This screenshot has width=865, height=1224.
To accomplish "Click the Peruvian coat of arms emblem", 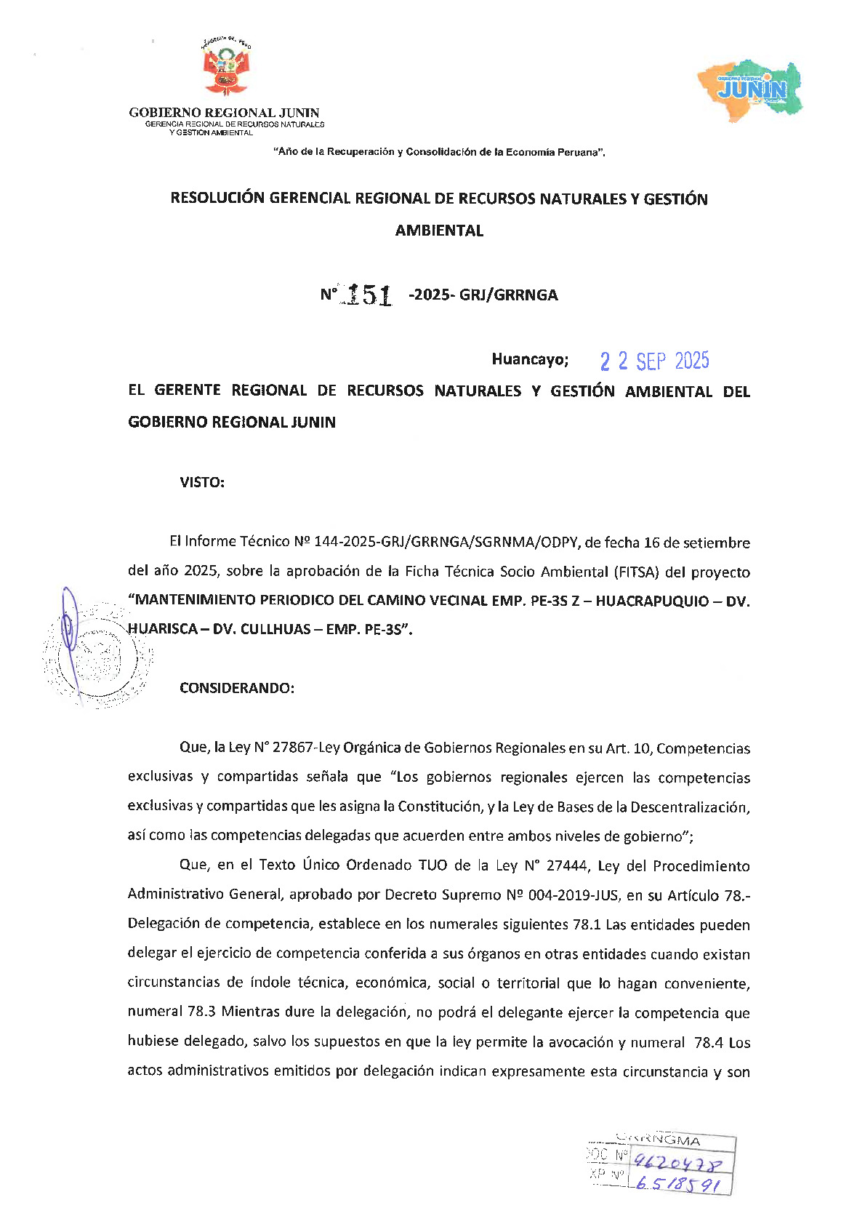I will (226, 67).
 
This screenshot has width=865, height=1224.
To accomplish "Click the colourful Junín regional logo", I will (751, 89).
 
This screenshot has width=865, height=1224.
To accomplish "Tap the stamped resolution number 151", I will (369, 295).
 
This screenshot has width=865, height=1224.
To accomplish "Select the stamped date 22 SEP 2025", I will (654, 361).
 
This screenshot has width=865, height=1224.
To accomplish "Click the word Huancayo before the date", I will (529, 359).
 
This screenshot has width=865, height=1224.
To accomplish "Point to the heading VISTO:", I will (202, 482).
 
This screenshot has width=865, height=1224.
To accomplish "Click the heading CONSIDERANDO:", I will (237, 688).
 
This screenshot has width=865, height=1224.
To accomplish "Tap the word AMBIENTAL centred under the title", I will (439, 231).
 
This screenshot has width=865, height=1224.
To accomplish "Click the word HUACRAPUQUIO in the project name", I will (651, 601).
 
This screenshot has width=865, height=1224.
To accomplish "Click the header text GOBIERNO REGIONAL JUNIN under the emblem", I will (224, 113).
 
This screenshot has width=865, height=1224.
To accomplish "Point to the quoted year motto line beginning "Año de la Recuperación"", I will (439, 152).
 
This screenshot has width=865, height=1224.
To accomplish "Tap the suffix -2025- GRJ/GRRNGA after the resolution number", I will (484, 295).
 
